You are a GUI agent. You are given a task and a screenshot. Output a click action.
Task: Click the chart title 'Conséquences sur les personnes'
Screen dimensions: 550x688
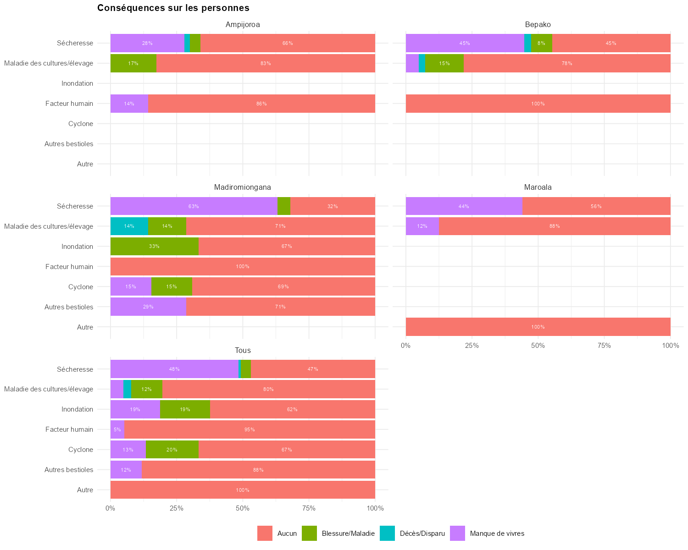click(173, 8)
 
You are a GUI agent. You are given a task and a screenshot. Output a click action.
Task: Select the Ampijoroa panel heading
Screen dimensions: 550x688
click(243, 24)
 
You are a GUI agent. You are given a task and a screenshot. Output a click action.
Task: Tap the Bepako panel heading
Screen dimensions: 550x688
click(538, 24)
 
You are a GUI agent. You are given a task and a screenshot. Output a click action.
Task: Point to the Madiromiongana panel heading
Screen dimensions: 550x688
click(243, 187)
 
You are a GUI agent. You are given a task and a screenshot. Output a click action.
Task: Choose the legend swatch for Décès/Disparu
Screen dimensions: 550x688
click(388, 533)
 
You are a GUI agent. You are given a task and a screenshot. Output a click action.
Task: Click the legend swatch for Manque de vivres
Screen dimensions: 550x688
click(458, 533)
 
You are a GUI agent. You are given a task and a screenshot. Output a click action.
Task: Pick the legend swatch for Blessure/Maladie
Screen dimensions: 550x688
click(310, 533)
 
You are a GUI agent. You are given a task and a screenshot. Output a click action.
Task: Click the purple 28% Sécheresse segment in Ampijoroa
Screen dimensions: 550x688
click(147, 43)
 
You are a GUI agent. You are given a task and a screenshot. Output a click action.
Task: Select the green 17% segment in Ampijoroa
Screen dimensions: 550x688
click(133, 63)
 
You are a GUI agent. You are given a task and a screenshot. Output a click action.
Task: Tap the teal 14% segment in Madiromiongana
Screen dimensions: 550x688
click(129, 226)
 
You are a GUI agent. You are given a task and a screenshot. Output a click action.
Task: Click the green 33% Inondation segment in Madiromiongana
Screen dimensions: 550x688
click(155, 246)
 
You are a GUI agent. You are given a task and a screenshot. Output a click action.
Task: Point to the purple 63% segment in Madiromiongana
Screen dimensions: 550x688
click(194, 206)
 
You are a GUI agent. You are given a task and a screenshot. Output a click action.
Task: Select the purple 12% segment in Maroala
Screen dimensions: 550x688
click(422, 226)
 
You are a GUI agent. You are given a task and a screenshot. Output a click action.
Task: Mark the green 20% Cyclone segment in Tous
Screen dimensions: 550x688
click(172, 450)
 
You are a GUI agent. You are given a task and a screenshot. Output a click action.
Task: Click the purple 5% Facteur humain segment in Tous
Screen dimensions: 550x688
click(117, 429)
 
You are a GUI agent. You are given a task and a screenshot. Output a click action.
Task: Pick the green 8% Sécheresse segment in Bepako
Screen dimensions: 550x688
click(542, 43)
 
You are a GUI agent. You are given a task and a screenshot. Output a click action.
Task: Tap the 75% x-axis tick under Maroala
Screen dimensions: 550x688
click(604, 345)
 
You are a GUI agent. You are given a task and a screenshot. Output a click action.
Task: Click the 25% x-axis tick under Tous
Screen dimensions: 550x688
click(177, 508)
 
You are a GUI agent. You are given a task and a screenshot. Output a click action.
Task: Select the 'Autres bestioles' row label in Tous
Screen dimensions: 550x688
click(69, 470)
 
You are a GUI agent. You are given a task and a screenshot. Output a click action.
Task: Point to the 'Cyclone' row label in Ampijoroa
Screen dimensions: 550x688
click(81, 124)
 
